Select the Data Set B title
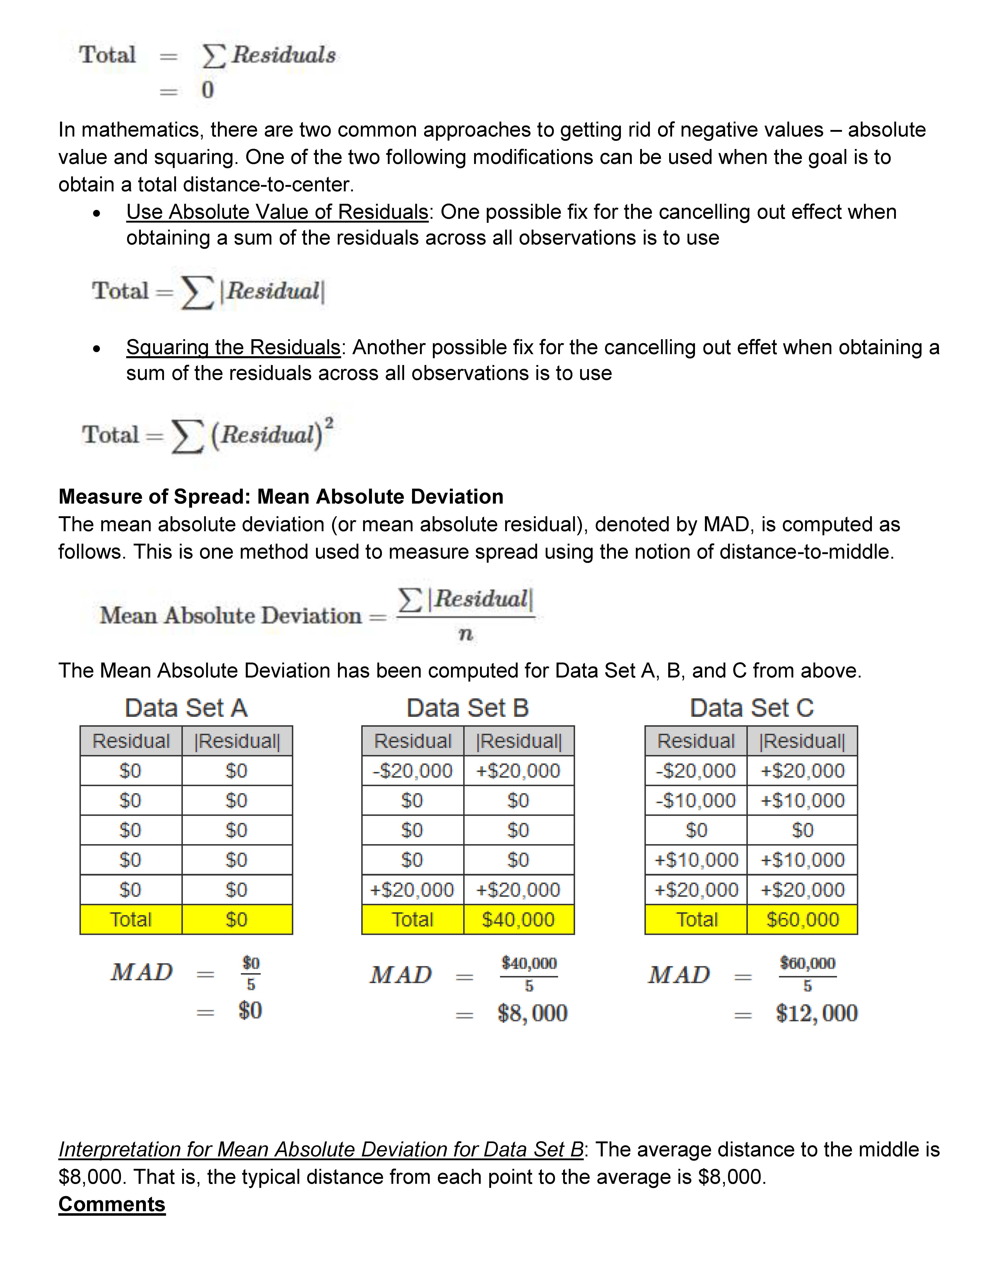[468, 708]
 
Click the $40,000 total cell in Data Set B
[518, 919]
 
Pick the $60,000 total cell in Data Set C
[802, 919]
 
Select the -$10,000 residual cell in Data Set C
[696, 800]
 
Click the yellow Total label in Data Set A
[131, 919]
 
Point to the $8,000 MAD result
[532, 1013]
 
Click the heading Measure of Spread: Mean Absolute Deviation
[281, 497]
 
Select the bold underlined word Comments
[112, 1204]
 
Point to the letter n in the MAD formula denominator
[465, 634]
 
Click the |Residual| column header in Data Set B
[519, 741]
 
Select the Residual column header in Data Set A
[131, 741]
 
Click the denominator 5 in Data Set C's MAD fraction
[807, 986]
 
